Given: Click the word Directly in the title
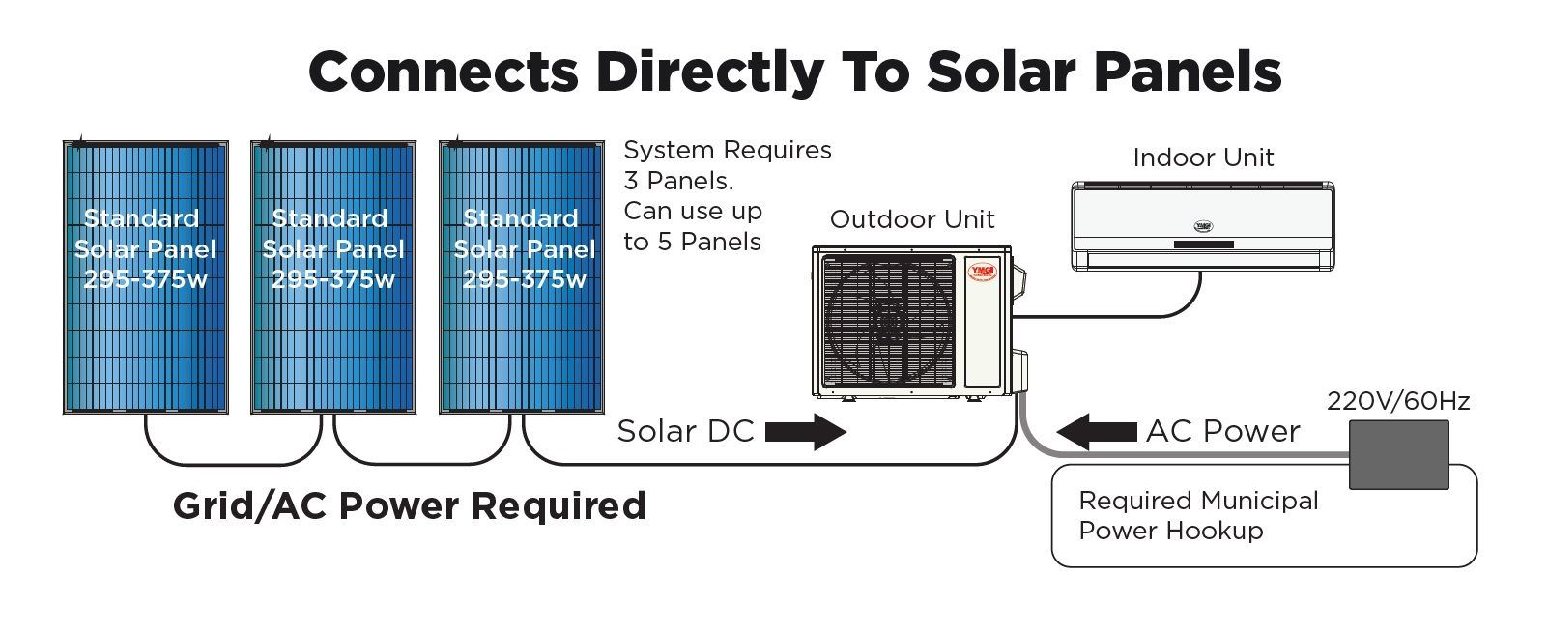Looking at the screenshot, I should click(x=709, y=71).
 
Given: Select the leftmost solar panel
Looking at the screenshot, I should click(x=146, y=277).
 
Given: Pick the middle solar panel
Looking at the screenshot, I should click(x=333, y=277).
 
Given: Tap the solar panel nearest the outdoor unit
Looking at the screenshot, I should click(x=522, y=277).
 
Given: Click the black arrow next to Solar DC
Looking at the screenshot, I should click(x=805, y=431).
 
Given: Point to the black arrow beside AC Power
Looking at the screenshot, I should click(x=1097, y=431).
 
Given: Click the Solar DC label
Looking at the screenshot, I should click(x=685, y=431).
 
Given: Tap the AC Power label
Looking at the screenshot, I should click(x=1222, y=431).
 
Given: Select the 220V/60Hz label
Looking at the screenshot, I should click(x=1398, y=401).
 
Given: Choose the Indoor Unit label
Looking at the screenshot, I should click(x=1203, y=158).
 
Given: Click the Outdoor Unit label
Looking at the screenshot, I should click(x=911, y=219).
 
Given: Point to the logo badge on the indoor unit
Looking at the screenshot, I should click(x=1203, y=226).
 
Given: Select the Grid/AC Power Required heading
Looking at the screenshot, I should click(x=409, y=505).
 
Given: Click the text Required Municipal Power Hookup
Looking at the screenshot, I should click(x=1198, y=515).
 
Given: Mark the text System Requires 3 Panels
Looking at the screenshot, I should click(x=727, y=165).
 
